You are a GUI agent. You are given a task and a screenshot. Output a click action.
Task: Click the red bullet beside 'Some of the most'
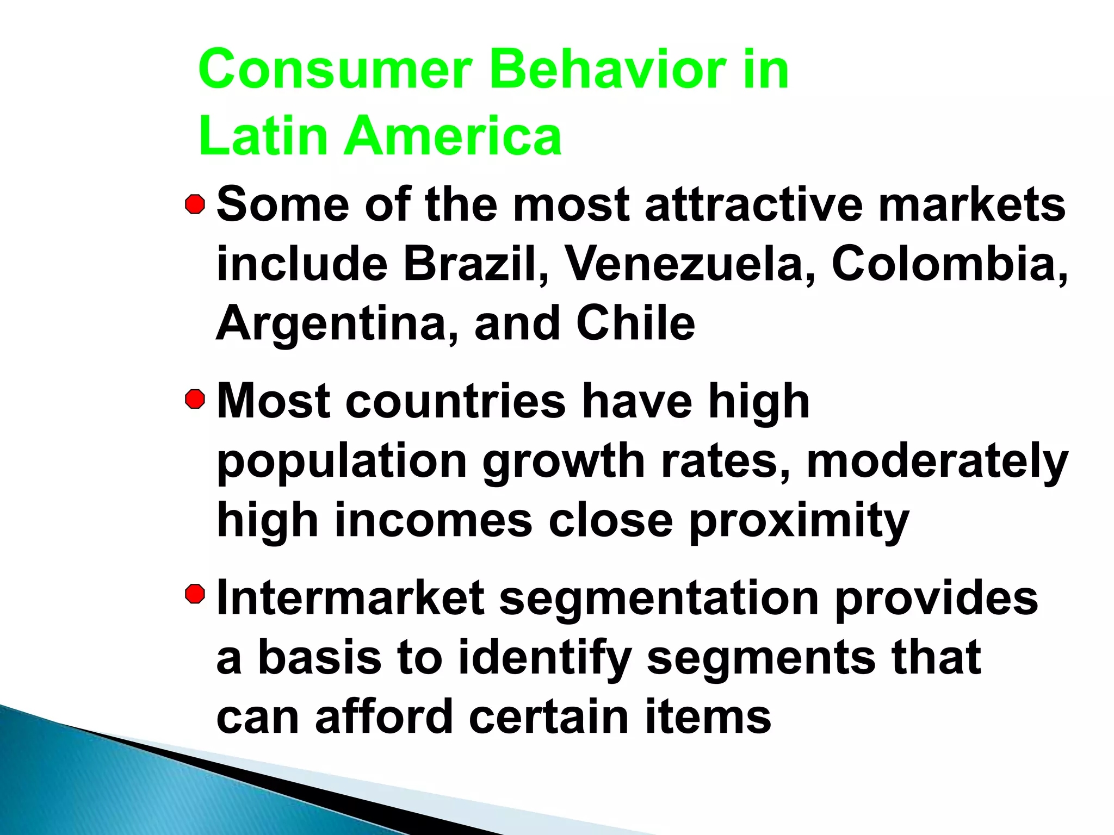point(195,205)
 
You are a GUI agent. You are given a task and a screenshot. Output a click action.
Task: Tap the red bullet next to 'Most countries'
point(195,400)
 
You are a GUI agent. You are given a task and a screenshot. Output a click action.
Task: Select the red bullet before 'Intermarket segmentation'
point(195,594)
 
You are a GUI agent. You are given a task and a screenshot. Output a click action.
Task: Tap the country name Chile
point(635,323)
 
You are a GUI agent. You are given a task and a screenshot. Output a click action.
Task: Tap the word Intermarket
point(350,598)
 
